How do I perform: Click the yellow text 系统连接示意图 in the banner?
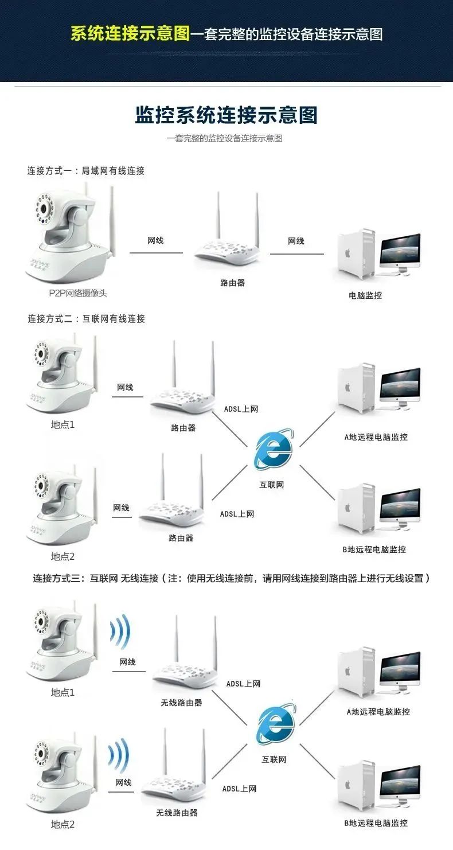130,33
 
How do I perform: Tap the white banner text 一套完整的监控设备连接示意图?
287,34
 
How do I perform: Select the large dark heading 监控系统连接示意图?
226,115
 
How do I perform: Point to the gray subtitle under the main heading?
225,138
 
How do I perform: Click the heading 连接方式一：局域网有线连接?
86,171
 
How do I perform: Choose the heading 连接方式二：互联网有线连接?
86,319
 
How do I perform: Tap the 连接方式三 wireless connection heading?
232,578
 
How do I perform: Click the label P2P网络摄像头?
78,293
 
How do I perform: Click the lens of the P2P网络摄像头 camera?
45,209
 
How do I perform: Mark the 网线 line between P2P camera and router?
156,253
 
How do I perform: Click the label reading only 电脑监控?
365,295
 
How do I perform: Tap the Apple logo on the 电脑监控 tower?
347,253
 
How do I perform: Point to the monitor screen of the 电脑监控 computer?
400,248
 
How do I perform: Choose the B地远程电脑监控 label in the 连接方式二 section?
374,549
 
